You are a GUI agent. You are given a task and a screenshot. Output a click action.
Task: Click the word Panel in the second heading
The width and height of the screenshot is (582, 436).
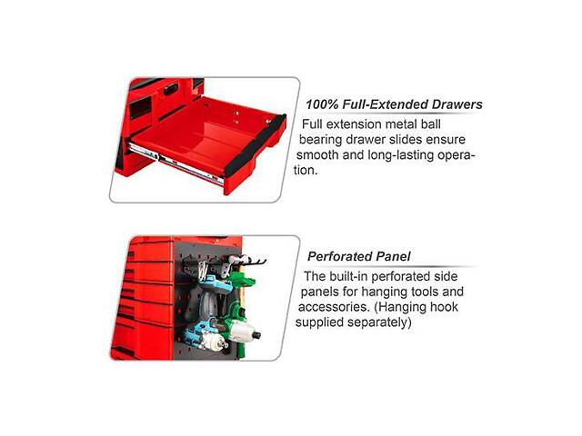tap(393, 256)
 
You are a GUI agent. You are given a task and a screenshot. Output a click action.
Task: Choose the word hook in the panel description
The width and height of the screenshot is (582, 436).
tap(444, 307)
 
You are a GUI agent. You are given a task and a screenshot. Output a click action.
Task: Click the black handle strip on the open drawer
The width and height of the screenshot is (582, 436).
tap(255, 145)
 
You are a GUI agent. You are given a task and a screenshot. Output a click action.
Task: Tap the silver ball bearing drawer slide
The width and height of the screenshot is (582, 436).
tap(175, 163)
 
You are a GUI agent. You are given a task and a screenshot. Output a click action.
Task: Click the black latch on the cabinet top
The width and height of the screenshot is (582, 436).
tap(171, 89)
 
